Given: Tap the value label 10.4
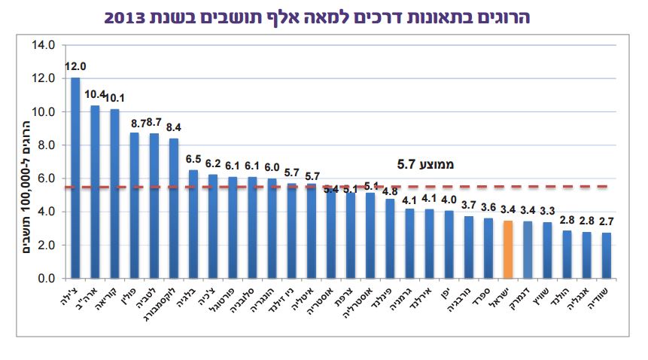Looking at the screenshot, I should tap(96, 95).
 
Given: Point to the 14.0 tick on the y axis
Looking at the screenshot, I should tap(43, 45).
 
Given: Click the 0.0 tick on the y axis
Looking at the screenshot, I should tap(46, 279).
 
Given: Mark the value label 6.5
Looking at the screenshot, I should tap(193, 160).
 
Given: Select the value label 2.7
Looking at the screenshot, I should tap(607, 222).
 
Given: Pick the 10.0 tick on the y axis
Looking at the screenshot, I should tap(43, 111).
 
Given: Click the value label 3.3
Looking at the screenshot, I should tap(547, 212).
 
